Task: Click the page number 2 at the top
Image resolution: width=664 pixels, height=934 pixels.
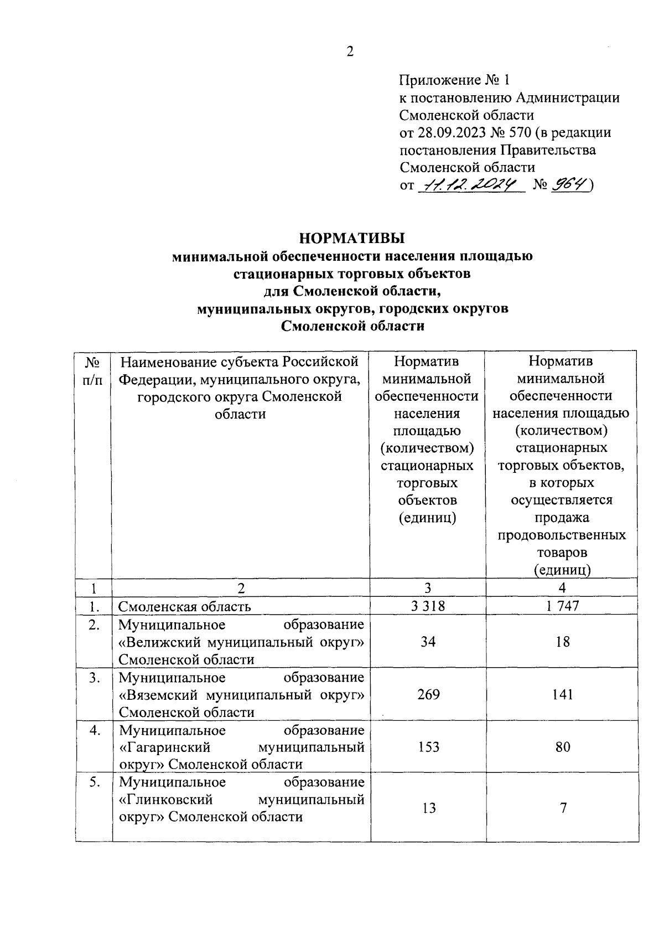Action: (350, 52)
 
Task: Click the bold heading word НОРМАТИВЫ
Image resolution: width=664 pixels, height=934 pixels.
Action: (352, 239)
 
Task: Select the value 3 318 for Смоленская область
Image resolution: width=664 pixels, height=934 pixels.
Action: (428, 606)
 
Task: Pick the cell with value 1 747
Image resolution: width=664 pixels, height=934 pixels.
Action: (562, 606)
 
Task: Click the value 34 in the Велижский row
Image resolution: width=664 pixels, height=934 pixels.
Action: (428, 642)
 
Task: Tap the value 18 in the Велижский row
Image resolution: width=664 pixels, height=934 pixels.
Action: (562, 642)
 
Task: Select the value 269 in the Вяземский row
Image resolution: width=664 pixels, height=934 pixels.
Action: (428, 694)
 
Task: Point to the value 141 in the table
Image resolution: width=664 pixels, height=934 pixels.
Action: (562, 694)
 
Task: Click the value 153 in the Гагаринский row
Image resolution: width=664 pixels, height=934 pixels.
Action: (428, 747)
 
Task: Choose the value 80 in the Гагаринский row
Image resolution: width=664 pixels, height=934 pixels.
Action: (562, 747)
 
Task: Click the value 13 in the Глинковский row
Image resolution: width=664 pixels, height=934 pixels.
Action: (428, 808)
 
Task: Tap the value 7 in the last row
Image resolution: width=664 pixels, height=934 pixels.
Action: (563, 808)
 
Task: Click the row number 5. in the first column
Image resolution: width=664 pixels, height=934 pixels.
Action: (95, 782)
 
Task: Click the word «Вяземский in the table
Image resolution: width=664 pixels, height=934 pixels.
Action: (159, 695)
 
